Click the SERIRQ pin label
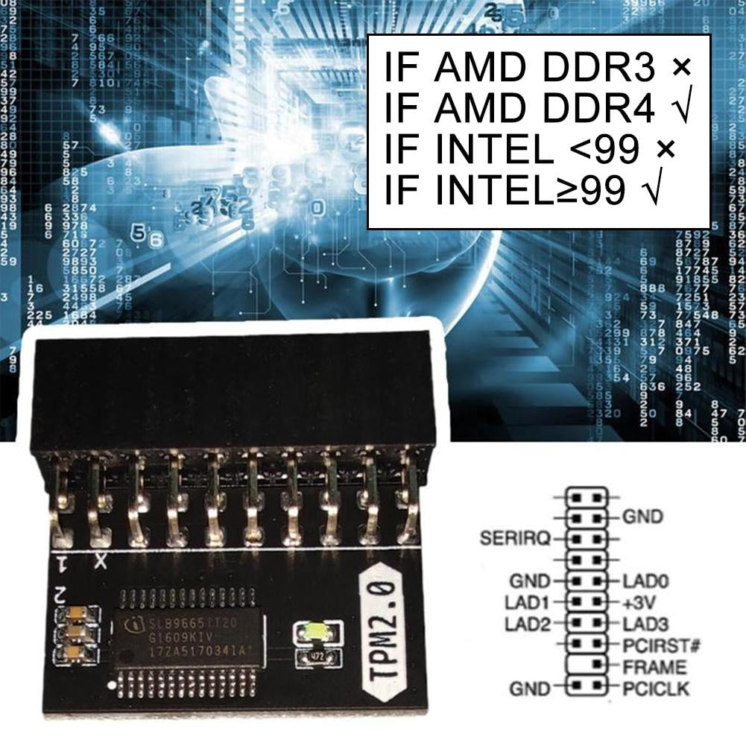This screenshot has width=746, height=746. point(514,537)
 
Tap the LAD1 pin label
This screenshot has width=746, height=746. point(528,601)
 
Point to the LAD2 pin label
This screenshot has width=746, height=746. point(528,623)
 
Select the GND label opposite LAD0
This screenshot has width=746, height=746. point(530,581)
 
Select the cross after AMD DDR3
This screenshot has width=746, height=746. point(680,69)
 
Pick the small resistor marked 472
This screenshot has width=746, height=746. point(319,658)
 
